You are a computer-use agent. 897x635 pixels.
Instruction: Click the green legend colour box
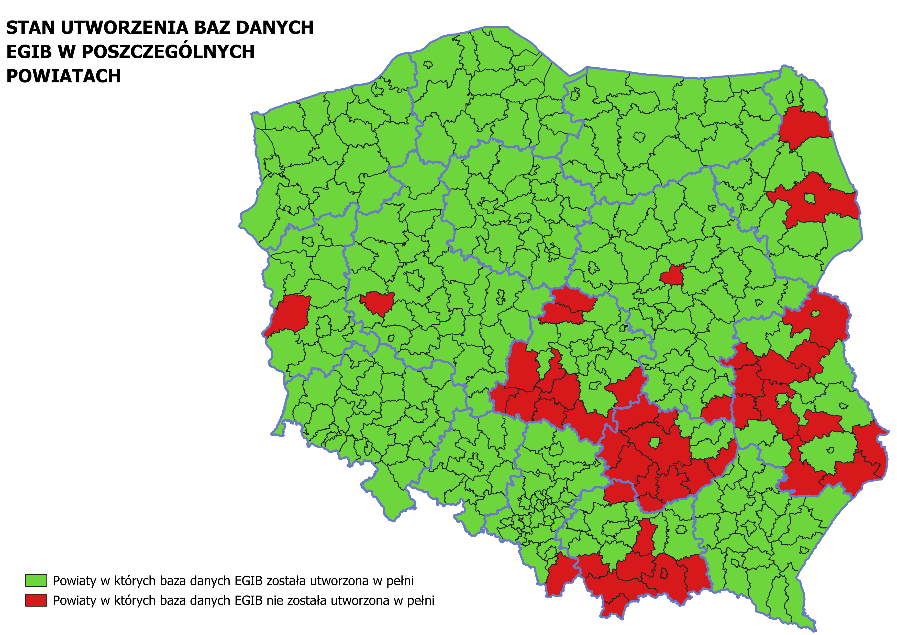[36, 581]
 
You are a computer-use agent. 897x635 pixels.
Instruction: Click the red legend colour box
[36, 600]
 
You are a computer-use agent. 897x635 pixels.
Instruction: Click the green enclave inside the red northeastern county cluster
[810, 199]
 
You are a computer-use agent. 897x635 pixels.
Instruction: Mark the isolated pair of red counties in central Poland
[567, 307]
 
